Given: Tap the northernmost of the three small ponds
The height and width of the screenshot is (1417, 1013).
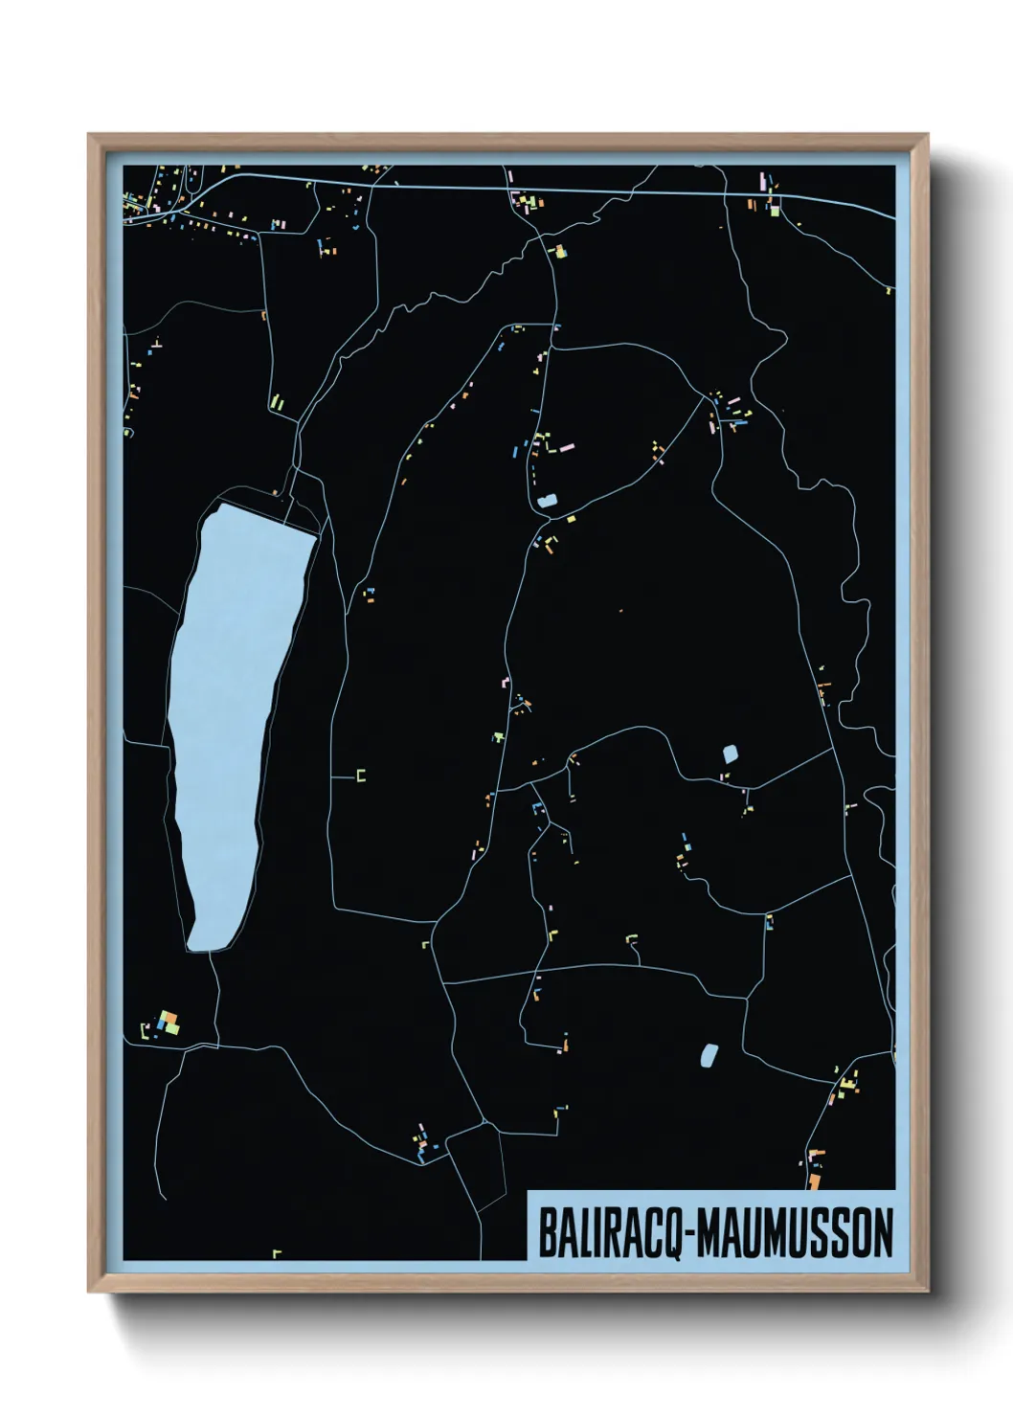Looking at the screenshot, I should (548, 501).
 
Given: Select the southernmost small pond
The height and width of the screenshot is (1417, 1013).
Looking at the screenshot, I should (709, 1055).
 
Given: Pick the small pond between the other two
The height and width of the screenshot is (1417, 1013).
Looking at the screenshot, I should (731, 753).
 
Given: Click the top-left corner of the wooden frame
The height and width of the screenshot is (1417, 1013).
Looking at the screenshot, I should (90, 136).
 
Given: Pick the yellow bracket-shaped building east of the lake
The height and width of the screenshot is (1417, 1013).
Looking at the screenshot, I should (361, 776).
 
